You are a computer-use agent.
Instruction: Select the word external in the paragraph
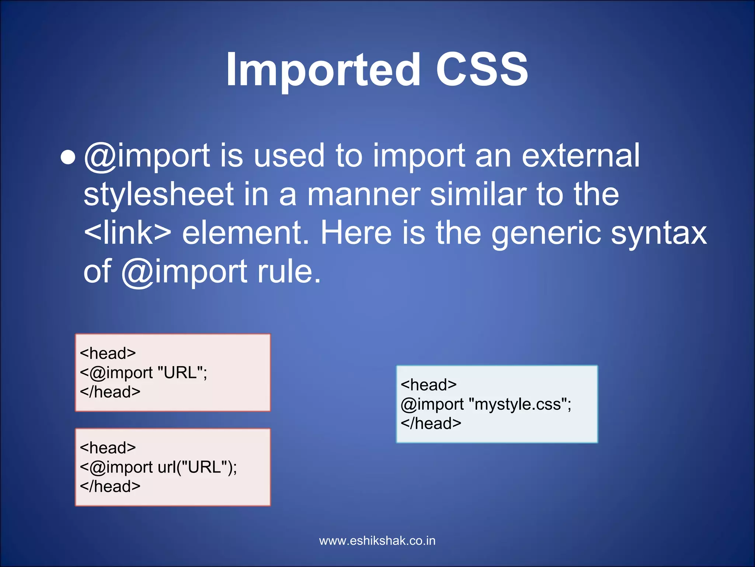[x=581, y=156]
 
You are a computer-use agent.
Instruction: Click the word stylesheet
[x=159, y=195]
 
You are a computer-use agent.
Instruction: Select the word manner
[x=363, y=195]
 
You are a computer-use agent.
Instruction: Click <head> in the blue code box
[x=428, y=385]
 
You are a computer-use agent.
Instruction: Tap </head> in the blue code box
[x=431, y=423]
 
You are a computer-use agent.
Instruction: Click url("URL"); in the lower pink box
[x=197, y=467]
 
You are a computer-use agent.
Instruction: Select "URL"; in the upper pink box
[x=182, y=373]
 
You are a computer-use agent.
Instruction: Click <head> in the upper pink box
[x=108, y=354]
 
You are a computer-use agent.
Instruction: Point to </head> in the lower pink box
[x=110, y=487]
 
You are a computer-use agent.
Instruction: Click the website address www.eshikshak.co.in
[x=377, y=541]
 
